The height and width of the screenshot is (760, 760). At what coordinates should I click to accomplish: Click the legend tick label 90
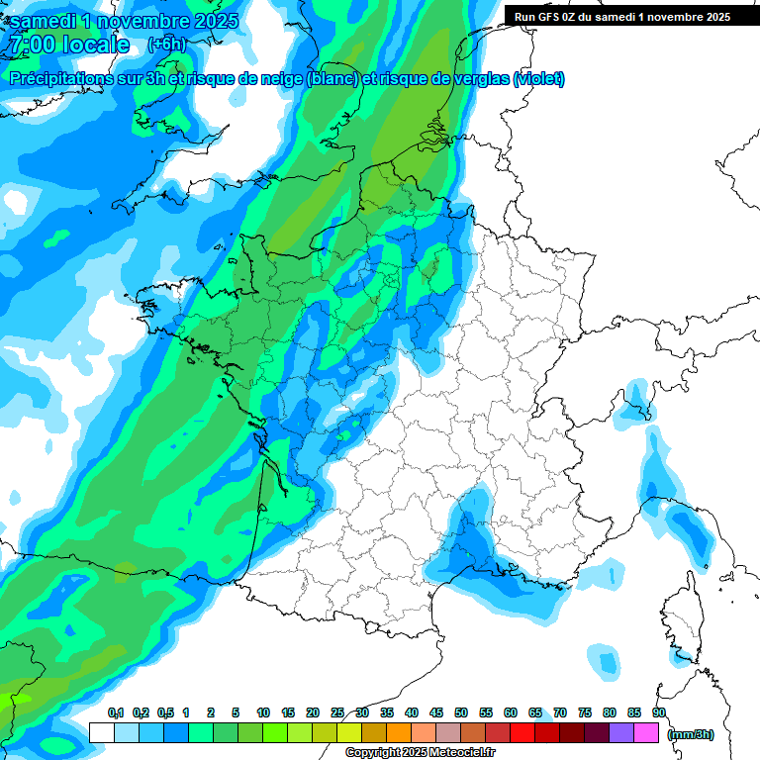[658, 712]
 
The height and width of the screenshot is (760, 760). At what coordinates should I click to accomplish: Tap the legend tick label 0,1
[116, 712]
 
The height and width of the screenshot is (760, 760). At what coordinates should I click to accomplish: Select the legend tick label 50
[461, 712]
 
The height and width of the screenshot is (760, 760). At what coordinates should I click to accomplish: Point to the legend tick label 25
[337, 712]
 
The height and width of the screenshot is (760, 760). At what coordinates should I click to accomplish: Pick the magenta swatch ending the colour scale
[646, 732]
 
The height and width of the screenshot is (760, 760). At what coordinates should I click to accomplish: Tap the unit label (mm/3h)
[692, 734]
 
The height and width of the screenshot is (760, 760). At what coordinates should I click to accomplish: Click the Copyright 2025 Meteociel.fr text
[421, 753]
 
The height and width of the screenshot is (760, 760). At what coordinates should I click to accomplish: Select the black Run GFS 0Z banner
[622, 16]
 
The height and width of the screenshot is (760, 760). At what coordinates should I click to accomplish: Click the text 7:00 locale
[69, 45]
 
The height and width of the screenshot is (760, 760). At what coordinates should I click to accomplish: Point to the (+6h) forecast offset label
[166, 45]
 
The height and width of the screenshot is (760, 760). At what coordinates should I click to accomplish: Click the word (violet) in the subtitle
[539, 79]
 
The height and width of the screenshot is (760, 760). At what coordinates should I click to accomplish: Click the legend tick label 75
[584, 712]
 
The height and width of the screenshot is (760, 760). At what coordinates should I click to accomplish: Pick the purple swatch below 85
[621, 732]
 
